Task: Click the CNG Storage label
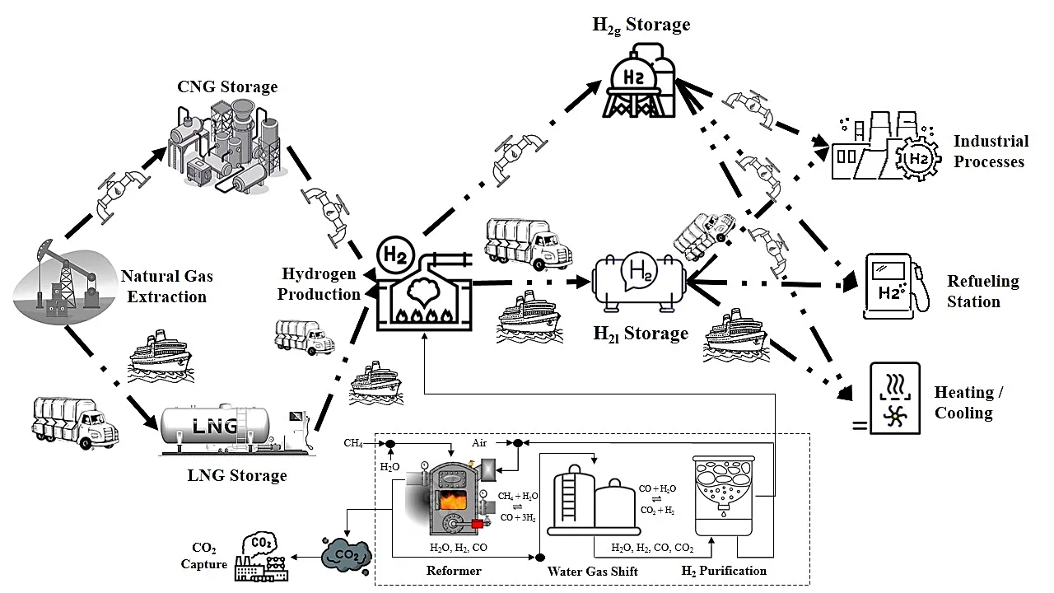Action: click(x=227, y=86)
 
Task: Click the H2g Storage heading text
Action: click(x=641, y=25)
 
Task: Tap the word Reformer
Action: click(x=454, y=571)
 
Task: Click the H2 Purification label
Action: click(x=724, y=571)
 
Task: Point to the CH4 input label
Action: click(x=354, y=443)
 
